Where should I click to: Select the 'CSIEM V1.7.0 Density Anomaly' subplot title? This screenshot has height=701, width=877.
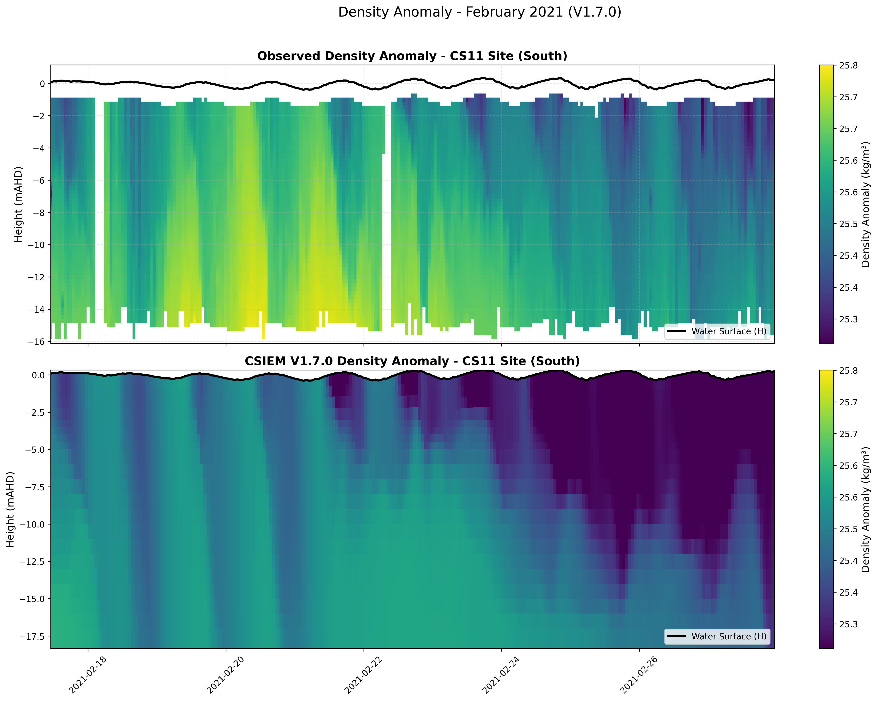coord(412,361)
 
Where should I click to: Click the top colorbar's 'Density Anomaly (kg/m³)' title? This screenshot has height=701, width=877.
coord(866,204)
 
